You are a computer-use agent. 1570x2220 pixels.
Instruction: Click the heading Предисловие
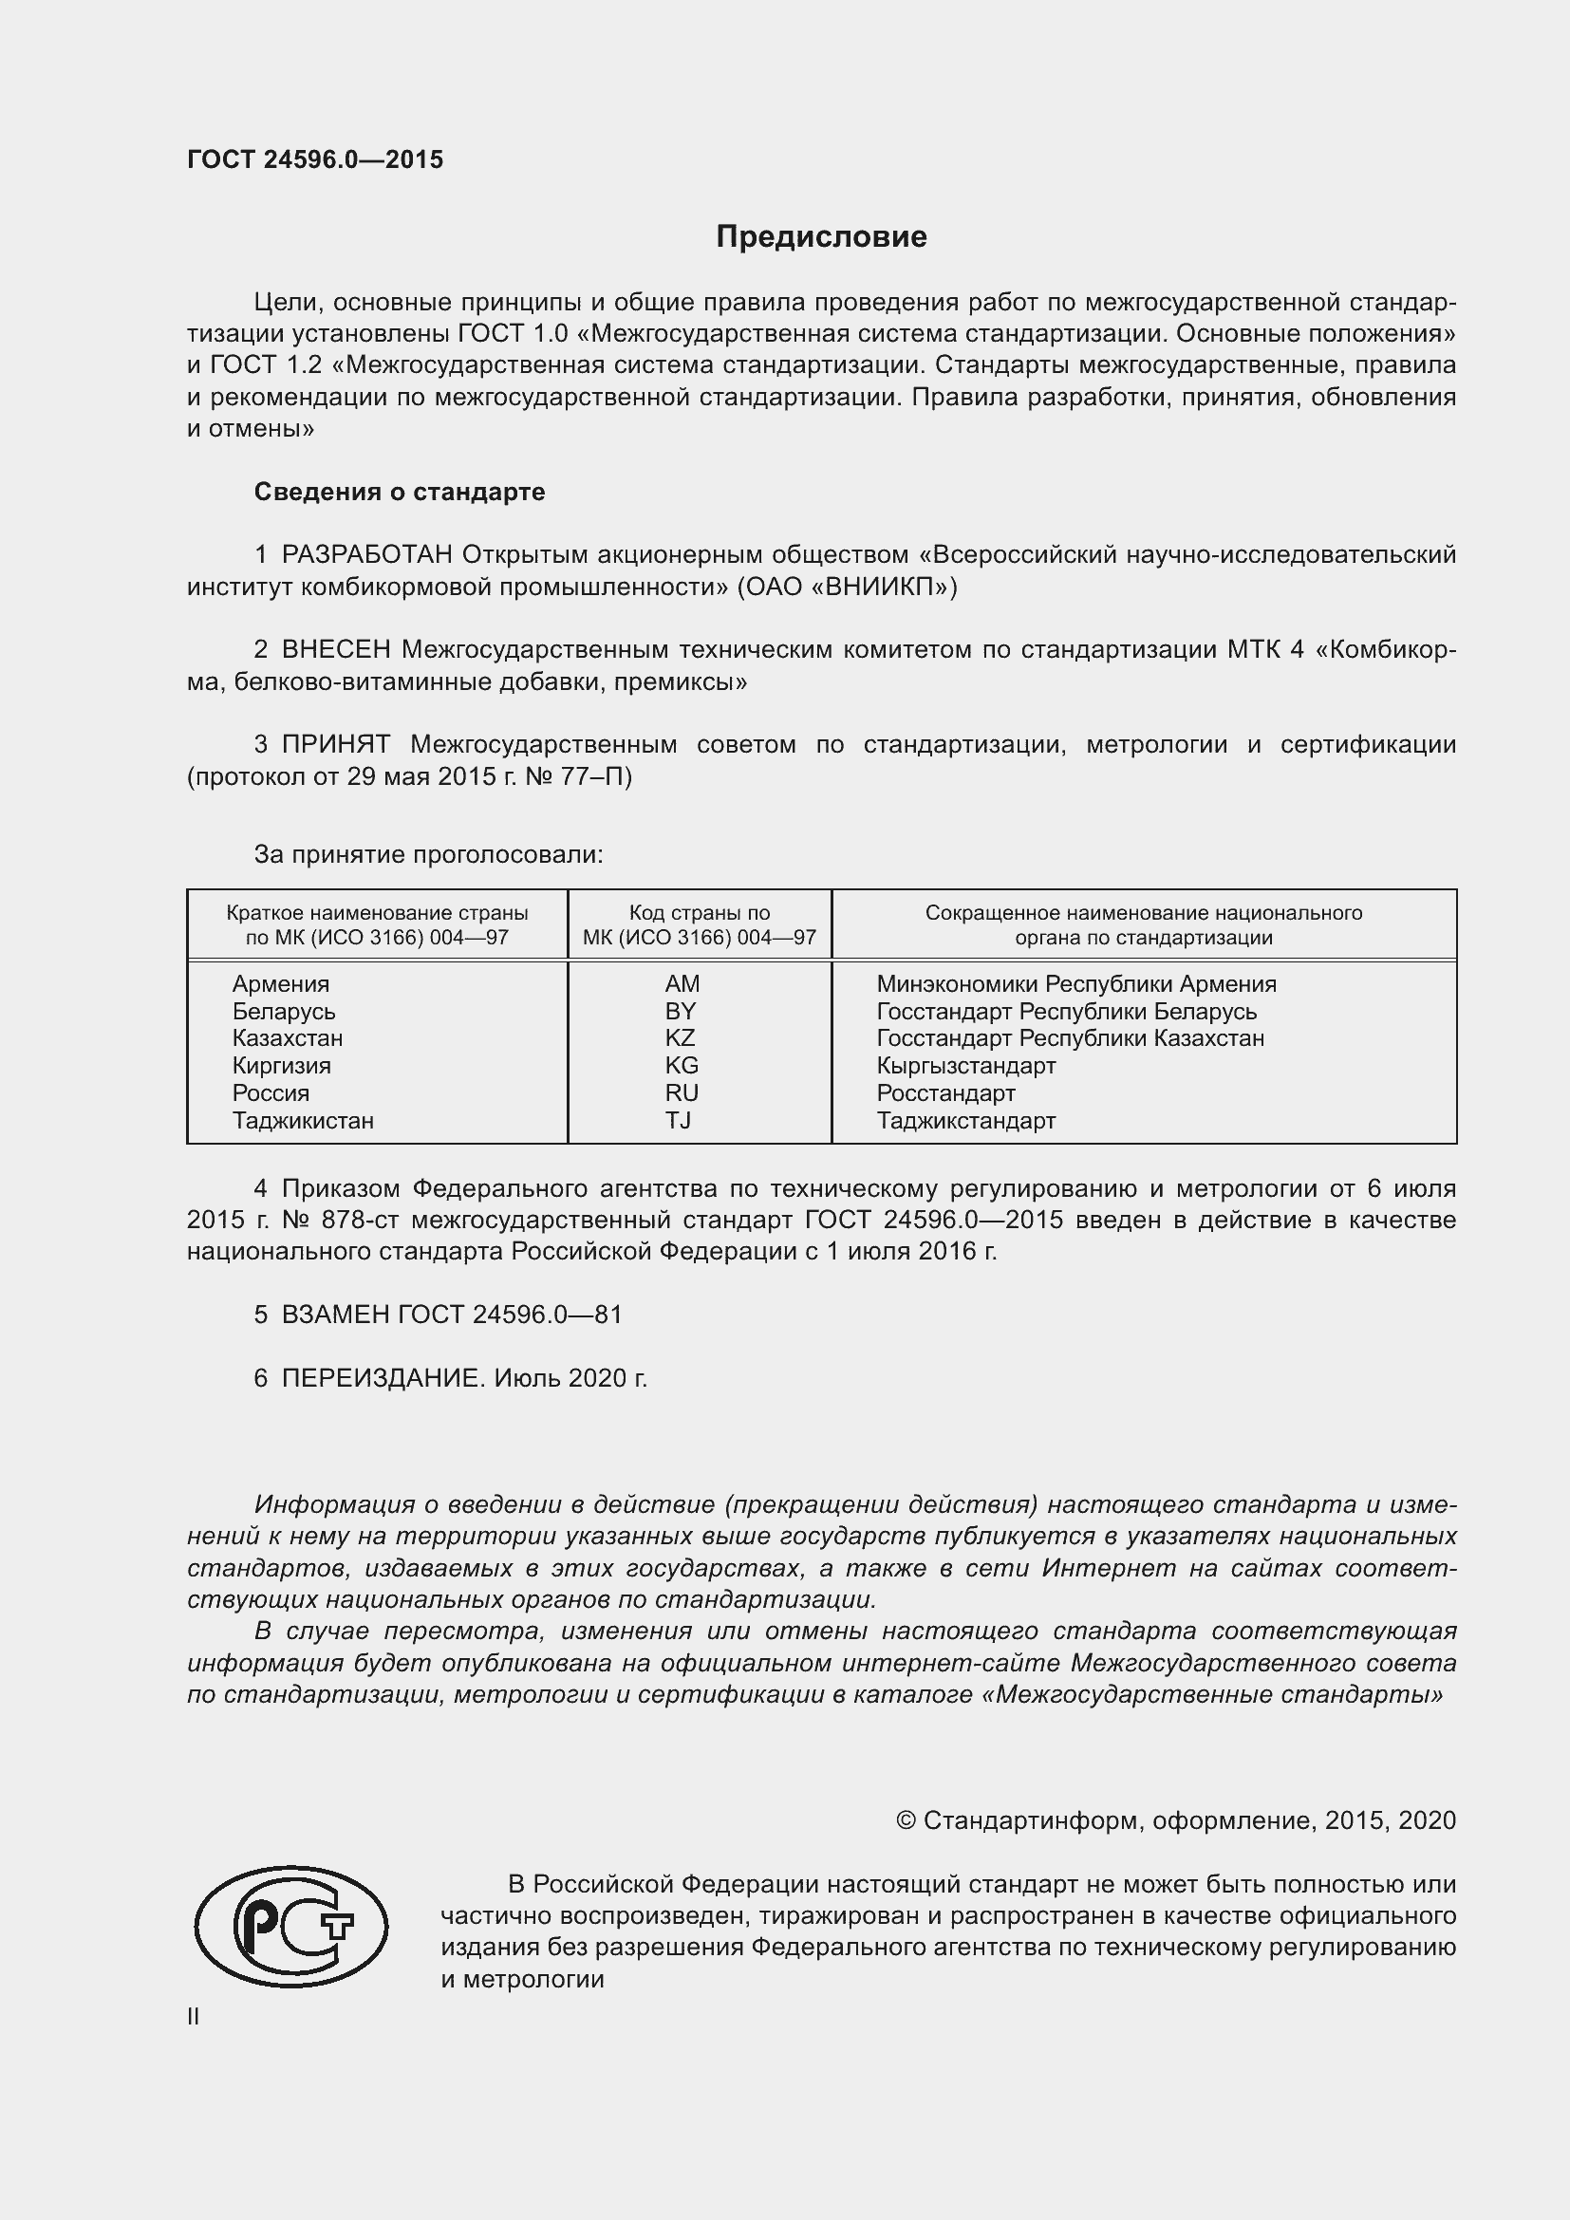point(821,237)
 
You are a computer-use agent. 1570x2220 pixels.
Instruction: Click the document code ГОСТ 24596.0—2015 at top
point(315,159)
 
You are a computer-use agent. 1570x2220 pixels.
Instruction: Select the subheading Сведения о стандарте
point(400,493)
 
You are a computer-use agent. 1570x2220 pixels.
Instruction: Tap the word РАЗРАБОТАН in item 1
point(366,555)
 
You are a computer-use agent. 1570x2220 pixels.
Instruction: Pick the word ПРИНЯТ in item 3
point(335,744)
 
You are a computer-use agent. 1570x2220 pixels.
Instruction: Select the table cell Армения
point(280,984)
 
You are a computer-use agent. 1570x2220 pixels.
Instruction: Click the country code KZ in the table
point(680,1038)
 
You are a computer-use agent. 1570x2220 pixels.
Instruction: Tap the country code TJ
point(678,1121)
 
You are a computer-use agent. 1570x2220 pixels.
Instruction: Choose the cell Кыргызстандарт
point(965,1066)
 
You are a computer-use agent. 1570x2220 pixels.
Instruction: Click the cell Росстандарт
point(945,1093)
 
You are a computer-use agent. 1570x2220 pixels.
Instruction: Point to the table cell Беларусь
point(283,1012)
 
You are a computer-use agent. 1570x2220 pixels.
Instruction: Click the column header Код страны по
point(699,913)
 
